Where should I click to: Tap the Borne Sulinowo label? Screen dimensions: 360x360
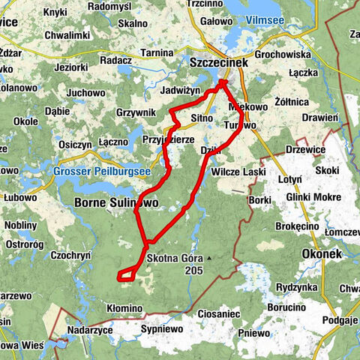point(115,202)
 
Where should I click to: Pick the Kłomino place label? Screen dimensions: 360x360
point(124,308)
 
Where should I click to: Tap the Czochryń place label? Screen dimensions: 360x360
point(71,256)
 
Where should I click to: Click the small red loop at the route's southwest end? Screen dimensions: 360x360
point(127,274)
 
